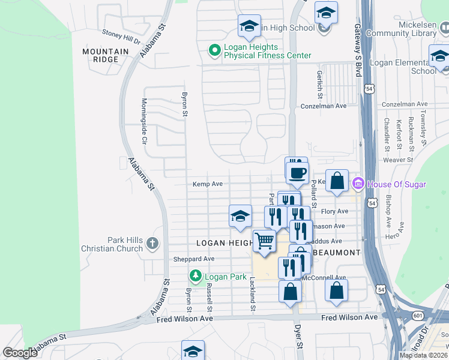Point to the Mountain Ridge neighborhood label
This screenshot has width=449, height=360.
point(106,56)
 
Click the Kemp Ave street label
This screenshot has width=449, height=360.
point(208,184)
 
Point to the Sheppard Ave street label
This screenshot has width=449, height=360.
point(194,259)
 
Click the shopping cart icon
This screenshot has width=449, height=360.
point(264,241)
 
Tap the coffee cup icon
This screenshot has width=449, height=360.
point(296,172)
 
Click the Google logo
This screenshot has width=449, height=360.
point(20,353)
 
